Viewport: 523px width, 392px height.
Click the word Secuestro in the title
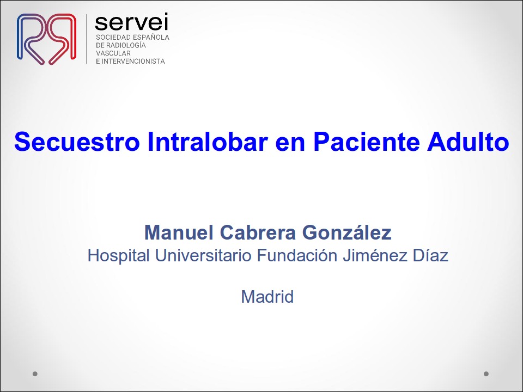click(77, 142)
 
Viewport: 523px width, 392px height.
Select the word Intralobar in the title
click(208, 142)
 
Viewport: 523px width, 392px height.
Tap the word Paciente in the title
click(366, 142)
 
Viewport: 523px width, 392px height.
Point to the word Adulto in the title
click(468, 142)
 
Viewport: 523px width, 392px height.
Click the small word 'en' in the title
click(290, 144)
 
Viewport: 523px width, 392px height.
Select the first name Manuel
click(179, 232)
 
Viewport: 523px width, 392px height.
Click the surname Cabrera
click(258, 232)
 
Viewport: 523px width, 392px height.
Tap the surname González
click(347, 232)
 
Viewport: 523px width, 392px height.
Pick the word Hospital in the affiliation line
click(118, 256)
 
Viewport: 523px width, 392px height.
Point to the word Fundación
click(297, 256)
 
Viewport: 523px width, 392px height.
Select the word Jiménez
click(375, 256)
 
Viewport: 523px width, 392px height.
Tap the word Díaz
click(430, 256)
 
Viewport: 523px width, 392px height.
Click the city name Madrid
click(267, 297)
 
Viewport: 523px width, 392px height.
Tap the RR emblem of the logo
click(46, 39)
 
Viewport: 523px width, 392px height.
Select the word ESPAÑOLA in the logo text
click(151, 37)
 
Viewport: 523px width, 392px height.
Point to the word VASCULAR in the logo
click(113, 53)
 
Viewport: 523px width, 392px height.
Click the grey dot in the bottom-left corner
click(35, 373)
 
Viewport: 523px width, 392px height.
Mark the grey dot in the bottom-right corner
click(486, 373)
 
